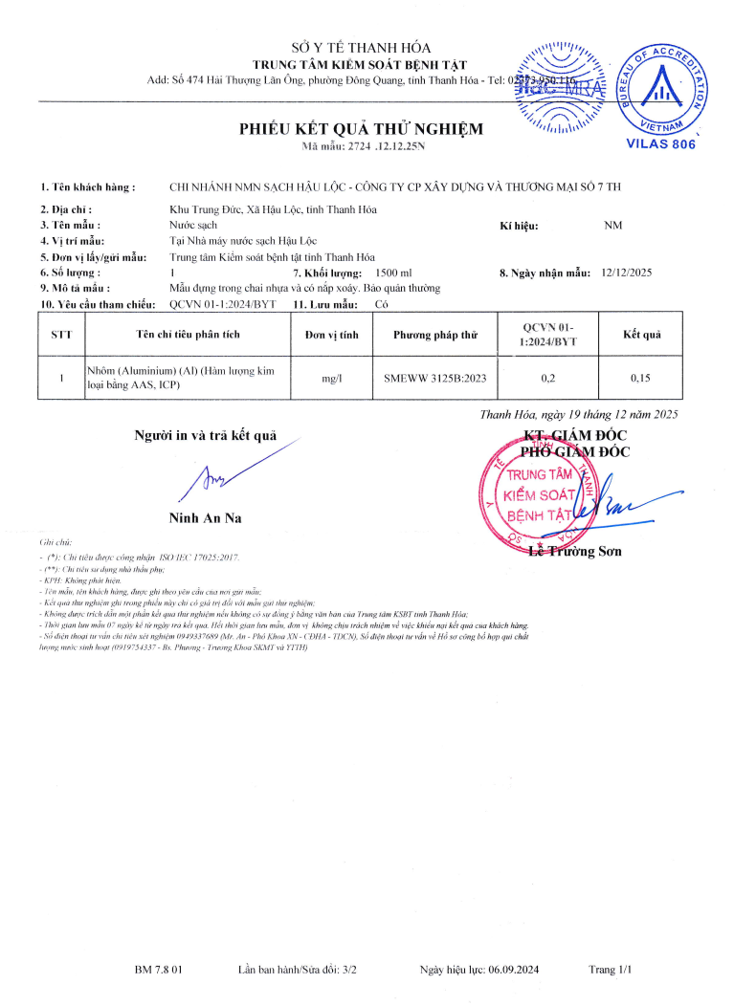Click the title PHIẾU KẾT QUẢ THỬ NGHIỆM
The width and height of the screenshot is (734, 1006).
[361, 129]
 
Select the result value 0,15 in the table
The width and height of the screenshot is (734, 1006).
[640, 378]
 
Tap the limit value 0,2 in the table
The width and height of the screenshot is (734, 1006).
[548, 378]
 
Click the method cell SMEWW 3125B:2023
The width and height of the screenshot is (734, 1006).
[434, 378]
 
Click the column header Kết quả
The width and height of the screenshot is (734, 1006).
[641, 334]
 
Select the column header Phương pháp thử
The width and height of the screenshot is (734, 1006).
[434, 335]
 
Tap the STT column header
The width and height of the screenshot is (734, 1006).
[60, 335]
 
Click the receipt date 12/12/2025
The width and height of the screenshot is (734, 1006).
[627, 273]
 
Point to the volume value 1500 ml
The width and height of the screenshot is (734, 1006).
[394, 273]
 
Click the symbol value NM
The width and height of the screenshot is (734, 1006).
[613, 226]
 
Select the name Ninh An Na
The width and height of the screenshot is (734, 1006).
[205, 517]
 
